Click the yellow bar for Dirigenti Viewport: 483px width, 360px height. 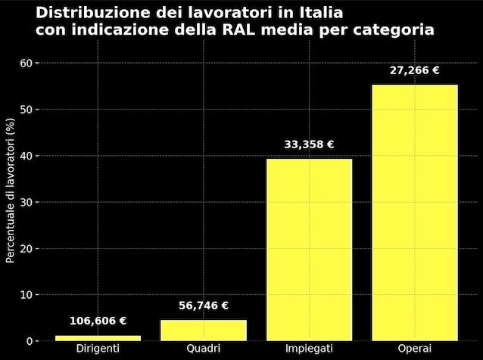coord(98,337)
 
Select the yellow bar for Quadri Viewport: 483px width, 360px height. coord(204,330)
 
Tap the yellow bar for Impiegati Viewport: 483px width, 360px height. coord(309,250)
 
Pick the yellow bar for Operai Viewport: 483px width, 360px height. coord(415,213)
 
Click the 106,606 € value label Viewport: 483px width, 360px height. coord(98,321)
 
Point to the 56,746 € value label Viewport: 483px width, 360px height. coord(204,306)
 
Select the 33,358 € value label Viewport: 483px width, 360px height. coord(309,144)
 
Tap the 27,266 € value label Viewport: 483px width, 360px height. coord(415,70)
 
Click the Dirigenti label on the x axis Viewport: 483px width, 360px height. coord(98,349)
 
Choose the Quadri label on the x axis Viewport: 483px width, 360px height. coord(204,349)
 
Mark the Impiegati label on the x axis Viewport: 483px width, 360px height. coord(309,349)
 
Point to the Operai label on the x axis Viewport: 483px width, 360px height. coord(415,349)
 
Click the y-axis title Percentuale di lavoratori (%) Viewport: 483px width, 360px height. coord(11,190)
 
